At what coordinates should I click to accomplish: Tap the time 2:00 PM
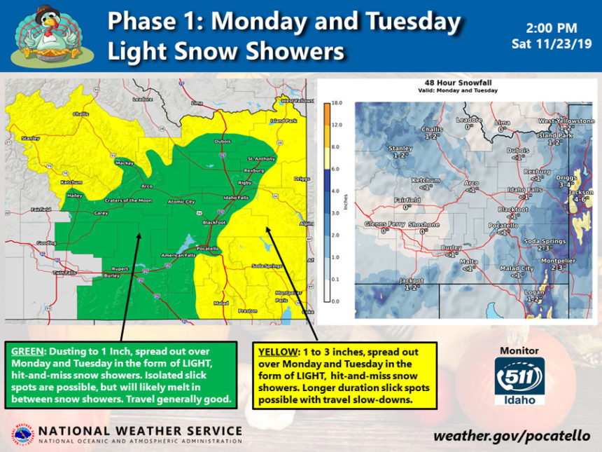click(x=551, y=29)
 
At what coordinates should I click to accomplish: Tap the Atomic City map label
click(x=181, y=202)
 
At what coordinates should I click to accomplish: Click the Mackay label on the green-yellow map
click(x=125, y=163)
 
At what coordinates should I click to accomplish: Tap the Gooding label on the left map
click(x=45, y=242)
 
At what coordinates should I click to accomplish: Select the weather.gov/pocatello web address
click(x=511, y=435)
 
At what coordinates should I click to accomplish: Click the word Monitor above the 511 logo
click(x=519, y=350)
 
